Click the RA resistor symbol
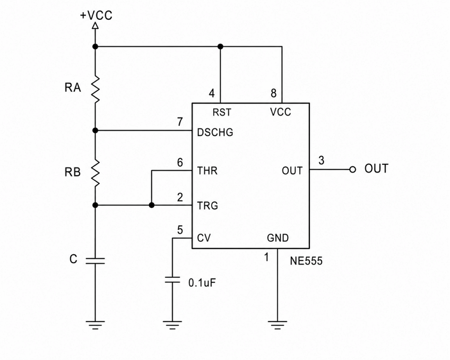[x=96, y=89]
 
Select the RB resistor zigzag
[x=96, y=173]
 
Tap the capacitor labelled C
[x=96, y=261]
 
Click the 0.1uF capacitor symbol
[x=172, y=280]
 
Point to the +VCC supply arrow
[x=95, y=26]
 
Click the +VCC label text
[x=96, y=15]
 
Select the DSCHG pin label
[x=215, y=133]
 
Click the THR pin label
[x=207, y=171]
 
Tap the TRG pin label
[x=207, y=206]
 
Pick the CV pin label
[x=204, y=238]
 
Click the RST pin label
[x=221, y=112]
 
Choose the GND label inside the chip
[x=278, y=238]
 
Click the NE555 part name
[x=306, y=261]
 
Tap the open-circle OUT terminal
[x=352, y=169]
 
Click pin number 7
[x=180, y=122]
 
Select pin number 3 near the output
[x=322, y=160]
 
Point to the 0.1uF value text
[x=202, y=283]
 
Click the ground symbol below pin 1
[x=277, y=325]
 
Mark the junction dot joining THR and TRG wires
[x=151, y=205]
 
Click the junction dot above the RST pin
[x=220, y=46]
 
